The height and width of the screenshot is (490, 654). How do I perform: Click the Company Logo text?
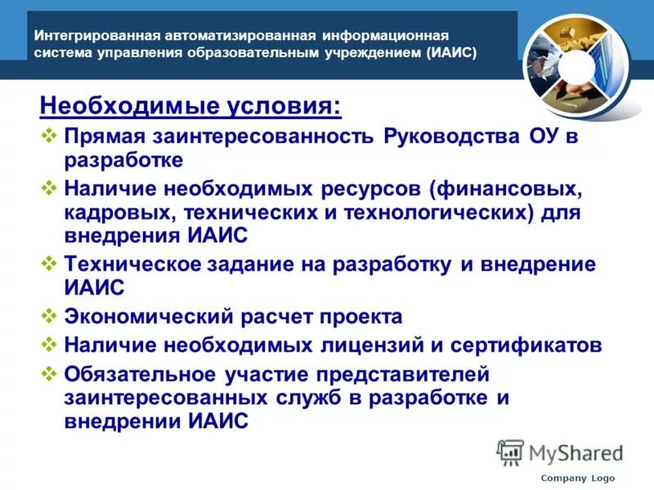[x=577, y=478]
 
